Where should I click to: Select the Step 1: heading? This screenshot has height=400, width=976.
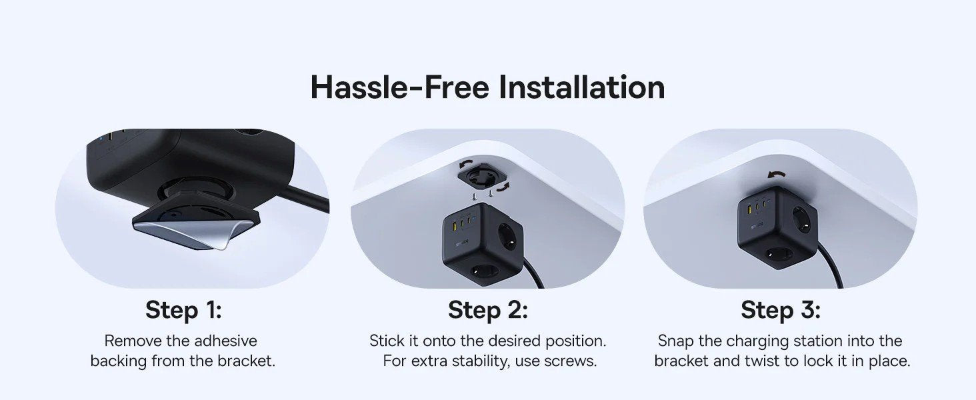coord(183,310)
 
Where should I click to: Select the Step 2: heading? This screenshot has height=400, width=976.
coord(487,310)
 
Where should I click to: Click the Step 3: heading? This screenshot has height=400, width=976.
coord(780,310)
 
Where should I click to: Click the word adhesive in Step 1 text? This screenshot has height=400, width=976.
coord(225,341)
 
